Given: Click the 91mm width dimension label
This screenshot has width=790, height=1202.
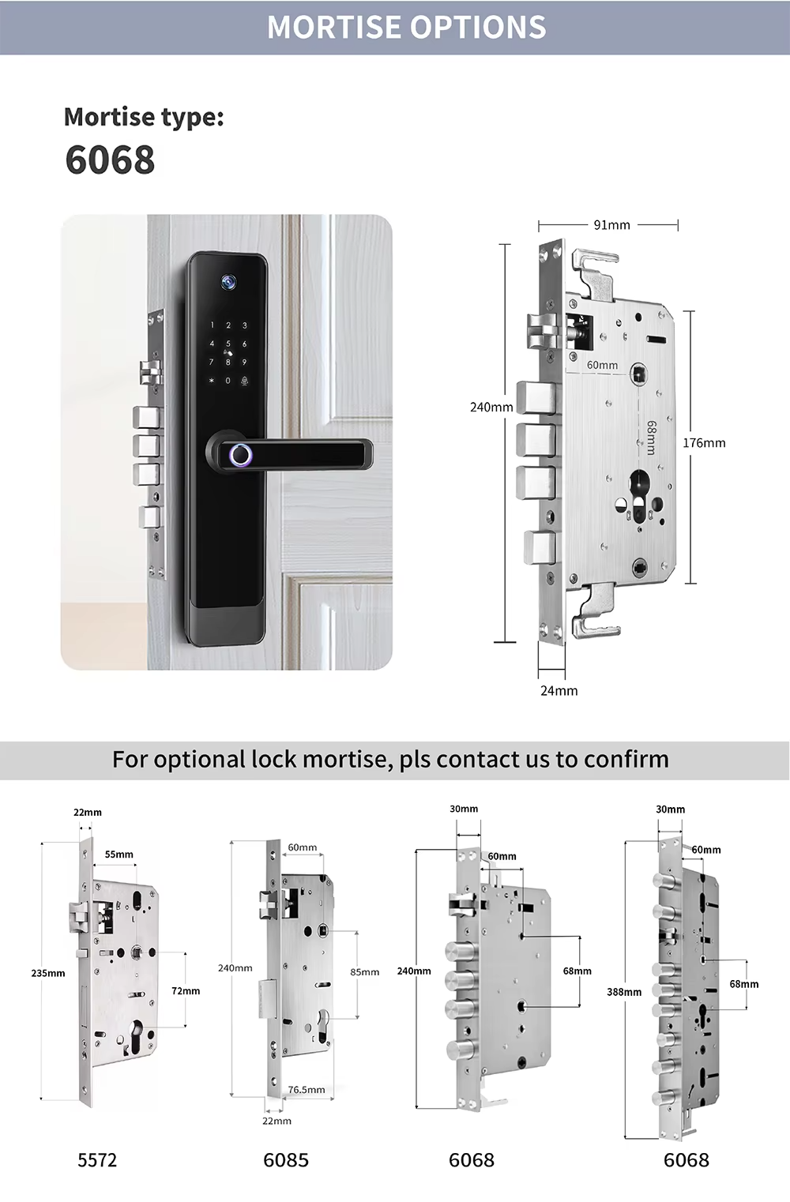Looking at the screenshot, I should tap(611, 225).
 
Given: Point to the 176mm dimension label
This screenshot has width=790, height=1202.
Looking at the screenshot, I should tap(704, 443).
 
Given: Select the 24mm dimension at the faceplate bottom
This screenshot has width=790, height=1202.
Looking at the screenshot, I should tap(559, 691).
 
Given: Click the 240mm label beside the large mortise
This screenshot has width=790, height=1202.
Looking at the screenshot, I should tap(491, 408).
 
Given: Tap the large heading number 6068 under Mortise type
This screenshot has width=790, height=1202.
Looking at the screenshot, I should tap(110, 160).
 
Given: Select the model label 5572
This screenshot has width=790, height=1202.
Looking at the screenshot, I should tap(97, 1160).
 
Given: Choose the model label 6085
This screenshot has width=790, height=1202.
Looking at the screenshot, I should tap(286, 1160).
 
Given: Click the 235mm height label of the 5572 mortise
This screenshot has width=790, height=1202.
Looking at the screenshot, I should tap(48, 973).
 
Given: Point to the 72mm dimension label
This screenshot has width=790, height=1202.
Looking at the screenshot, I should tap(186, 990).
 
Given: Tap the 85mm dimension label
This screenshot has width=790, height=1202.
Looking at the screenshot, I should tap(364, 972).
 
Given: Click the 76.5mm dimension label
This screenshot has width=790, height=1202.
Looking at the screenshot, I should tap(307, 1090).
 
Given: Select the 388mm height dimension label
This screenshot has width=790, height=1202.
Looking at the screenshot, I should tap(624, 992).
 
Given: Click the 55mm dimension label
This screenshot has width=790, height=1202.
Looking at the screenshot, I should tap(119, 855).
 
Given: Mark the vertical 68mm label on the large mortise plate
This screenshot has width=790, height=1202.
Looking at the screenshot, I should tap(651, 437).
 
